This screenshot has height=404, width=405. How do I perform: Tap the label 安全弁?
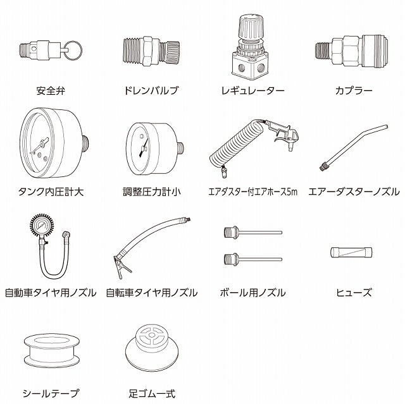(x=51, y=90)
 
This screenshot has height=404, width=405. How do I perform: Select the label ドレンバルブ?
(x=151, y=90)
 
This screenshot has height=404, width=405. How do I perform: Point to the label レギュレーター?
(x=253, y=90)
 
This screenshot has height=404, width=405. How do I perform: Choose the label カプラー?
(x=354, y=90)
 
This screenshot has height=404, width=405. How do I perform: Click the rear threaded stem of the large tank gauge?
(x=86, y=143)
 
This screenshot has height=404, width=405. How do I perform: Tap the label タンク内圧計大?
(x=51, y=192)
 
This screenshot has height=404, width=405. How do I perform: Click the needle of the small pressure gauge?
(x=144, y=147)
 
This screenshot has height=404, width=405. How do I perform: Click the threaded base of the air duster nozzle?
(x=323, y=166)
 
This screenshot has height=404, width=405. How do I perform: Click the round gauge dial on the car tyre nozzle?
(x=42, y=226)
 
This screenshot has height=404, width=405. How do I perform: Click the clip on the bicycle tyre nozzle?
(x=122, y=266)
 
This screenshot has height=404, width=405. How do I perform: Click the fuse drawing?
(x=351, y=252)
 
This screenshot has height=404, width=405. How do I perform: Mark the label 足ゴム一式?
(x=152, y=394)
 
